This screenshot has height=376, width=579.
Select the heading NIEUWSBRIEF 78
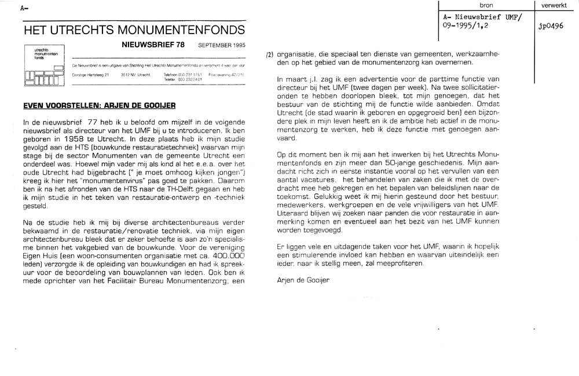coord(153,45)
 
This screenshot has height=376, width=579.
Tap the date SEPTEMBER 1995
coord(222,45)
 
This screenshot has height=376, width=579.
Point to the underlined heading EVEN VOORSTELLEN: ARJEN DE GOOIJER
coord(98,106)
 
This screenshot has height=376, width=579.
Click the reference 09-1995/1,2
coord(467,27)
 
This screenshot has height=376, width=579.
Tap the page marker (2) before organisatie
coord(269,54)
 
